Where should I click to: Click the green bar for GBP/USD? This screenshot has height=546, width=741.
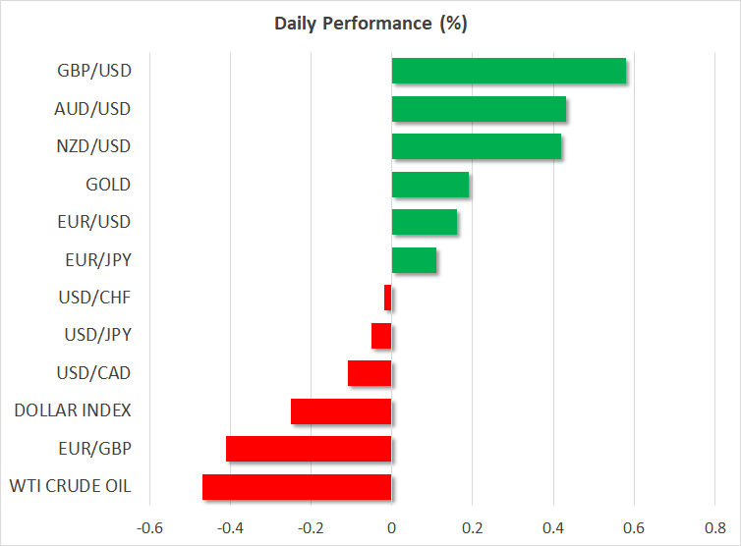pyautogui.click(x=508, y=72)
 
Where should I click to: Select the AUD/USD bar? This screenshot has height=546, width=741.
pyautogui.click(x=479, y=109)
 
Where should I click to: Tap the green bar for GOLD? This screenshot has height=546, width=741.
pyautogui.click(x=429, y=185)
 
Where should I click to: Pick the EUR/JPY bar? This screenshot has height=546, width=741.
pyautogui.click(x=414, y=260)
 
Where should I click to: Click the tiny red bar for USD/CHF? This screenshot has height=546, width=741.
pyautogui.click(x=388, y=298)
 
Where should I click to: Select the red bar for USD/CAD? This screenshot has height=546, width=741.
pyautogui.click(x=370, y=373)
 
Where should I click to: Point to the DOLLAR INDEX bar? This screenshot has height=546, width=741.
pyautogui.click(x=341, y=410)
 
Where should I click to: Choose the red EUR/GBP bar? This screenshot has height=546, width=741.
pyautogui.click(x=309, y=449)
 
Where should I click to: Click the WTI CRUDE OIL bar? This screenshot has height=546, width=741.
pyautogui.click(x=297, y=486)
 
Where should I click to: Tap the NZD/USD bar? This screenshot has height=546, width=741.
pyautogui.click(x=476, y=146)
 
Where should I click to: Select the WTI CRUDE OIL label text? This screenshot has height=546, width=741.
pyautogui.click(x=70, y=486)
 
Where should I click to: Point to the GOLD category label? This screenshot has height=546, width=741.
pyautogui.click(x=108, y=185)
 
